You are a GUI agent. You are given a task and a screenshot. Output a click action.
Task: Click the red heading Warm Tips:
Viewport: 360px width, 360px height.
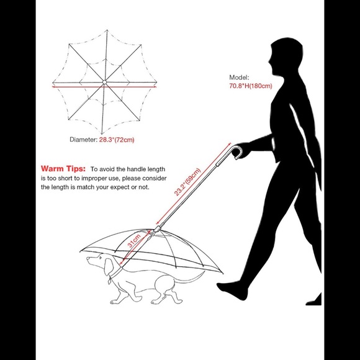click(63, 169)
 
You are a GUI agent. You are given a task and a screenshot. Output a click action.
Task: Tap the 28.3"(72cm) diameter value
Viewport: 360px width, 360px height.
click(117, 140)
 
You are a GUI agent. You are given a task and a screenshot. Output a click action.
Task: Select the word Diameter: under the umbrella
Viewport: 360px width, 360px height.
click(84, 140)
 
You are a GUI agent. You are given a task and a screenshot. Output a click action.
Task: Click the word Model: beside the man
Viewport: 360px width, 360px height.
click(239, 78)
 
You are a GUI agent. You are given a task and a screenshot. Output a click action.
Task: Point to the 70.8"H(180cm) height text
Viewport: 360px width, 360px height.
click(251, 86)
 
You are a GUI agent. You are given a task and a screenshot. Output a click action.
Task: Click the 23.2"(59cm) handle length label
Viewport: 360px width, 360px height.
click(187, 182)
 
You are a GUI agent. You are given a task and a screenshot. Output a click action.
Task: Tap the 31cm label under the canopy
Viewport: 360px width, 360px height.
click(134, 241)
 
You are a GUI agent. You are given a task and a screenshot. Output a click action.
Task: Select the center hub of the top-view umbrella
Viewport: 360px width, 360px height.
click(104, 82)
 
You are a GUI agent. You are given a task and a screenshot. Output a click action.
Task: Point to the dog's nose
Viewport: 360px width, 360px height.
click(88, 259)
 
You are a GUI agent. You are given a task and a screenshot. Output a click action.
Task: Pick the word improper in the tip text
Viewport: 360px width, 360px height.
click(92, 178)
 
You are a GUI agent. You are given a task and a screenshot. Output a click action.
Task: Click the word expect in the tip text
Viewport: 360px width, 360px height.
click(120, 187)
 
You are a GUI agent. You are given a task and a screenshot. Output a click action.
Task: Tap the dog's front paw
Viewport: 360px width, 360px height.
click(115, 301)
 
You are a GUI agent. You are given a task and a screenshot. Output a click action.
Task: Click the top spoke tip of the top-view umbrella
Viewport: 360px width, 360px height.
click(107, 30)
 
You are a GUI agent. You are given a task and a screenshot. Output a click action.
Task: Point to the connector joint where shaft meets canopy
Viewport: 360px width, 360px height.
click(157, 229)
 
